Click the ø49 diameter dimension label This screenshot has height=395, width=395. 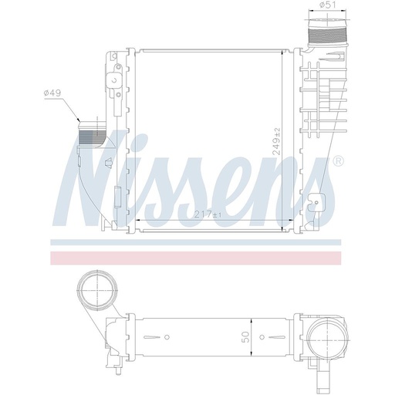coord(52,93)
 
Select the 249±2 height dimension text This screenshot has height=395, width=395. coord(276,141)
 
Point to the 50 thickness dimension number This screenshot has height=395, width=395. coord(245,336)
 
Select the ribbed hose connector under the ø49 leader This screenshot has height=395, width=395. coord(92,136)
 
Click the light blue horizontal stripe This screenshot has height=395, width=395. coord(197,242)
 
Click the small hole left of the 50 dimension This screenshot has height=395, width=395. coord(167,336)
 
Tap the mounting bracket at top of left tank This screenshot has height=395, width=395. coord(113,65)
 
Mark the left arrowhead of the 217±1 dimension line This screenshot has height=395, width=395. coord(138,220)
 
